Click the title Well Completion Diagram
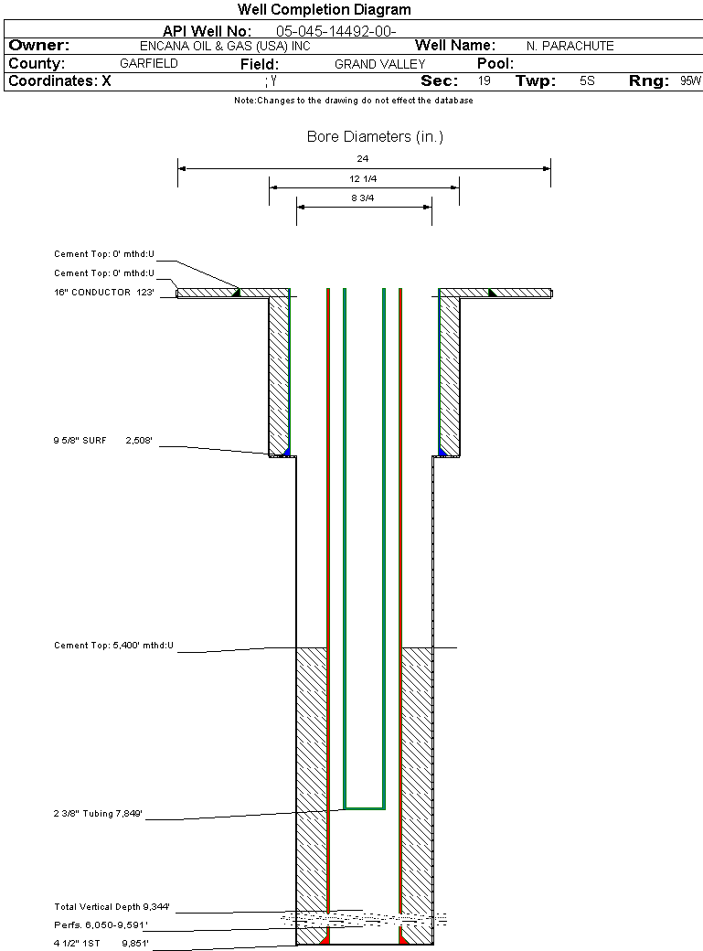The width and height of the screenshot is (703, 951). [325, 10]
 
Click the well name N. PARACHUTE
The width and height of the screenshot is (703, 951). [570, 46]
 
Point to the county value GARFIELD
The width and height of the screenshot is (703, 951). [149, 64]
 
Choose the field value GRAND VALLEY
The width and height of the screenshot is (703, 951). [379, 64]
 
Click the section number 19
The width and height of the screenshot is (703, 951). [484, 81]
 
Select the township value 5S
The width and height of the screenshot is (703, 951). [587, 81]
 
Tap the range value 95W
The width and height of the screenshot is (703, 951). [690, 81]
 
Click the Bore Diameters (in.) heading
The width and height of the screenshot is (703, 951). [375, 137]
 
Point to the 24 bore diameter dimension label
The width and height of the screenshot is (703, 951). [363, 159]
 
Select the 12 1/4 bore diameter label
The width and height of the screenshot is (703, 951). [363, 178]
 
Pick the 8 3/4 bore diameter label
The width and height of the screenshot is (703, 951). [363, 198]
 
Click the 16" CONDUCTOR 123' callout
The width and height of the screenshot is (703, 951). [103, 293]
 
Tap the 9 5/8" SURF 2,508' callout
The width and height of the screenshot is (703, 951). [103, 441]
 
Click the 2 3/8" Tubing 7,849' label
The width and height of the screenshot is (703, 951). [99, 813]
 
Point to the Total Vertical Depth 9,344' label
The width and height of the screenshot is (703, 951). [112, 907]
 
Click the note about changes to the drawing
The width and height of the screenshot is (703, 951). [353, 101]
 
